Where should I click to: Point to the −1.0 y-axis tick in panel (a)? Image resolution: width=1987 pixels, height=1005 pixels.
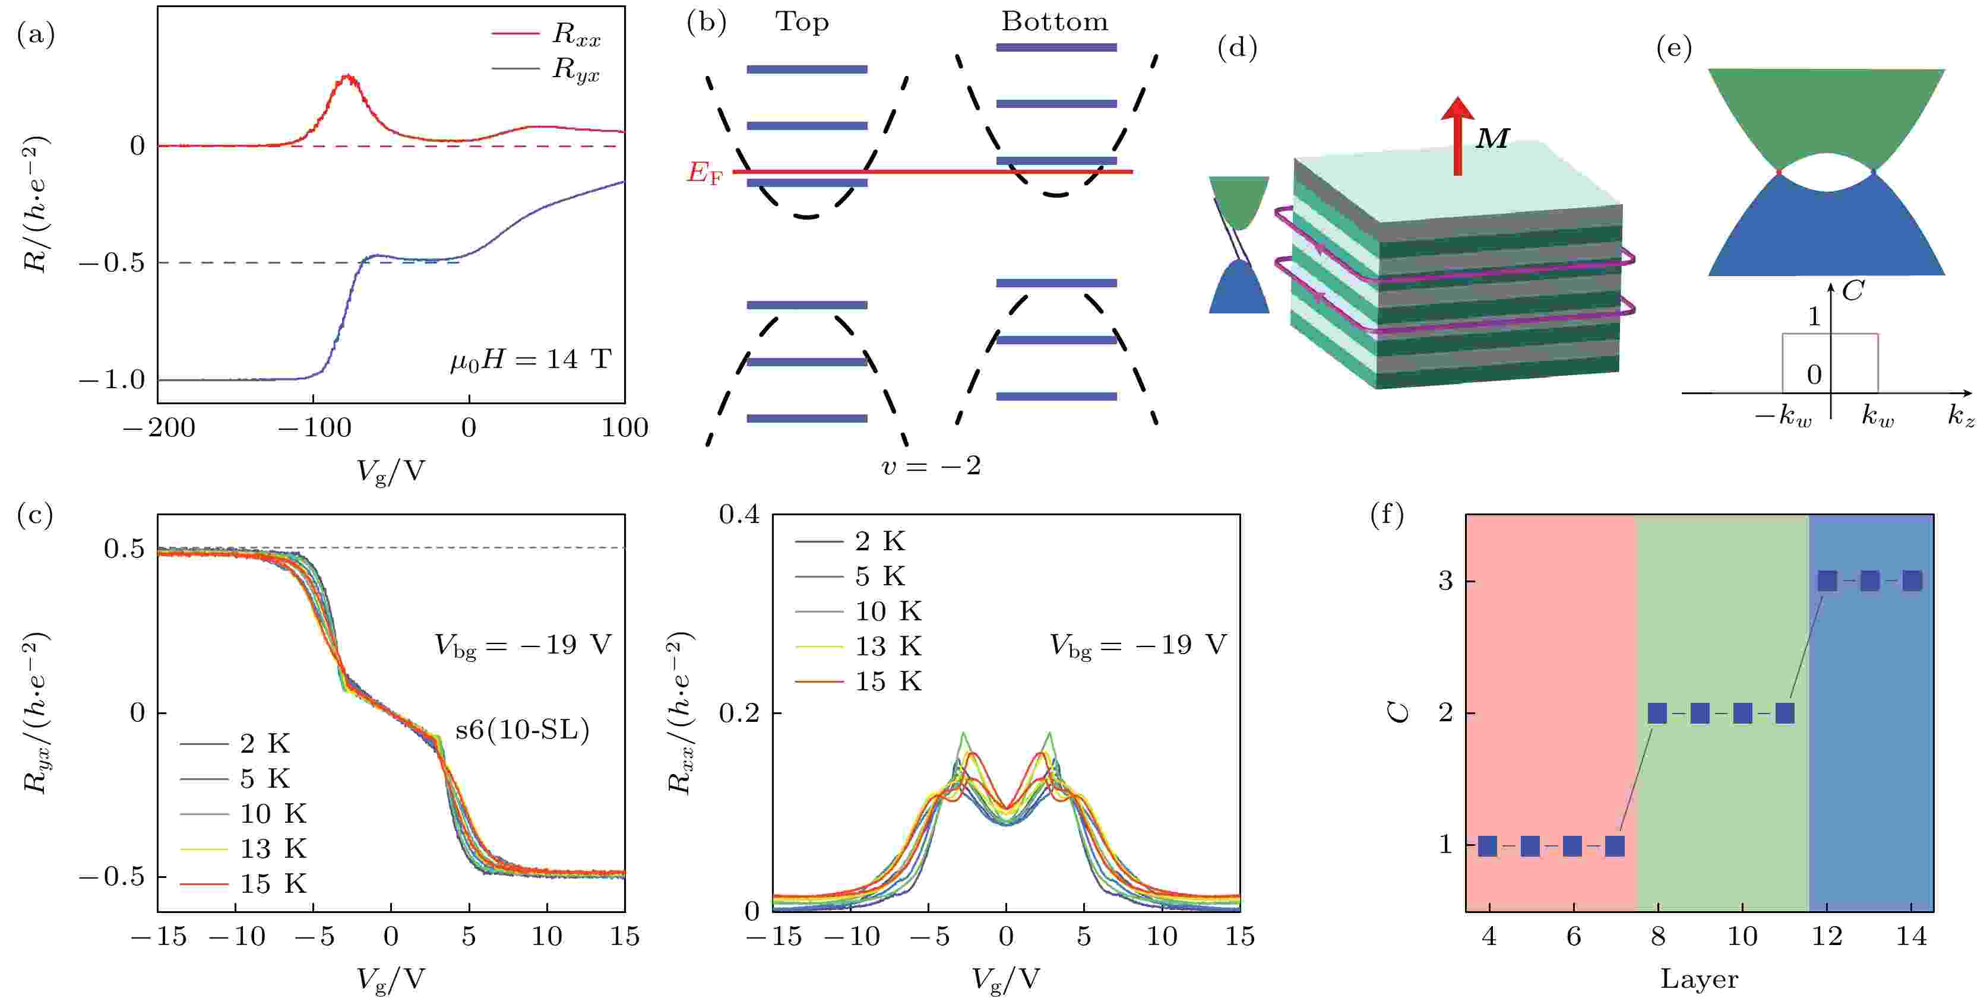(x=111, y=379)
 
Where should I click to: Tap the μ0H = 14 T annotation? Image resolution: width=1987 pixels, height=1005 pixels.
(x=531, y=359)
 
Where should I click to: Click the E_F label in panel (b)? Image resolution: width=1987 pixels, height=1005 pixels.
(x=705, y=173)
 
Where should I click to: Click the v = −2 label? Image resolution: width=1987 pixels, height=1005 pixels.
(x=931, y=465)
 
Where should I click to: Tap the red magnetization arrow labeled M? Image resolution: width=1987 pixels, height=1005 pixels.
(x=1457, y=135)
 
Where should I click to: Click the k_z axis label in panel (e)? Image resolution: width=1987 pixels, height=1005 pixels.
(x=1961, y=417)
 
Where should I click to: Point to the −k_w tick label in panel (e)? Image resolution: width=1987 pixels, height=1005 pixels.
(x=1783, y=417)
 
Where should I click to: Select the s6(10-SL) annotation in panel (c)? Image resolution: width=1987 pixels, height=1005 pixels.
(x=522, y=729)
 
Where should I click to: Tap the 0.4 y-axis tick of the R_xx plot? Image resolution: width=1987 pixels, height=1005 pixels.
(x=739, y=515)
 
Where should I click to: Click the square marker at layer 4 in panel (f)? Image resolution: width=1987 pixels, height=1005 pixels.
(x=1488, y=846)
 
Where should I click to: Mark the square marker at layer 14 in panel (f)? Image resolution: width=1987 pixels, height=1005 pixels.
(x=1912, y=581)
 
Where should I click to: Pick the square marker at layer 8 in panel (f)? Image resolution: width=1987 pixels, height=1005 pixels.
(x=1657, y=713)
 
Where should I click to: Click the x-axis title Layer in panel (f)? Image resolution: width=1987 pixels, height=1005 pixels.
(x=1700, y=979)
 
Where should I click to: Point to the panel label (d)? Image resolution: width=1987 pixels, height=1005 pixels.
(x=1236, y=48)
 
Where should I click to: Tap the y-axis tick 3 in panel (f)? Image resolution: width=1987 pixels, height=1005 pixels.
(x=1445, y=581)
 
